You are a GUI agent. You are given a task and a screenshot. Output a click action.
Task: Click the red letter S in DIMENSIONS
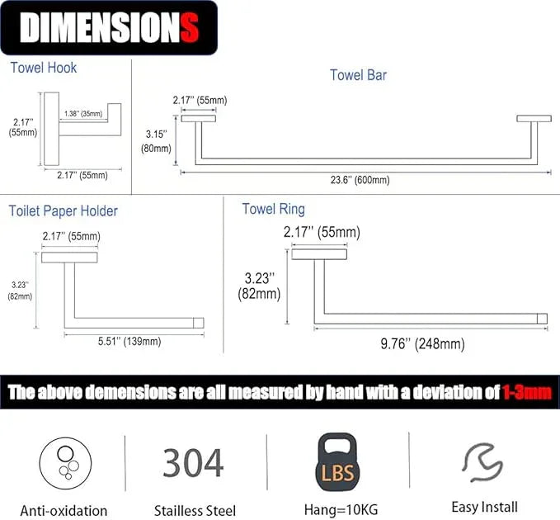[190, 27]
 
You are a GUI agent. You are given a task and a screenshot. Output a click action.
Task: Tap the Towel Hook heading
[43, 68]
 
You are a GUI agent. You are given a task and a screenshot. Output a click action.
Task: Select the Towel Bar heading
[358, 75]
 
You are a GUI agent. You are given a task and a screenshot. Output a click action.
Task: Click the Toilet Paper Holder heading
[63, 210]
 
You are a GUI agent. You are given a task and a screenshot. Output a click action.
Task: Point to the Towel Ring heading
[273, 209]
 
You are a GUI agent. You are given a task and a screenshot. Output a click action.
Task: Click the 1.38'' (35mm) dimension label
[83, 114]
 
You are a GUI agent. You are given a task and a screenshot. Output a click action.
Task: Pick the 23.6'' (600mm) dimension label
[360, 180]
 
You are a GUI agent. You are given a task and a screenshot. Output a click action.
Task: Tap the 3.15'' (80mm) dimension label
[156, 141]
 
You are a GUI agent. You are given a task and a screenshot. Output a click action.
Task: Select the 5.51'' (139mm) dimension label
[129, 342]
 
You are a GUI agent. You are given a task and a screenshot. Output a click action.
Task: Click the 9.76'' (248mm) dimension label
[422, 344]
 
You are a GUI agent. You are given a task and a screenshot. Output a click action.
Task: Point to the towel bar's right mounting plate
[534, 118]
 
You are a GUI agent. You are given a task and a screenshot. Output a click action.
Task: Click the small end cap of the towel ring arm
[542, 319]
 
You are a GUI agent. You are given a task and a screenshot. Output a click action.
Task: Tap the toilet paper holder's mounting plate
[69, 258]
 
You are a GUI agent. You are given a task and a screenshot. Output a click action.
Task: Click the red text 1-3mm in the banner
[527, 392]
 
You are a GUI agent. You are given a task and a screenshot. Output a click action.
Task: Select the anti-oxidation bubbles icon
[65, 463]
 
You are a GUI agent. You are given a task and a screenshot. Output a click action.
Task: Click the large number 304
[193, 463]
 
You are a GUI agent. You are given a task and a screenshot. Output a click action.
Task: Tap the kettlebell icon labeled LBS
[337, 462]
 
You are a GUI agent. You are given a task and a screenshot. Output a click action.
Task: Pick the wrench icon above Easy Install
[482, 462]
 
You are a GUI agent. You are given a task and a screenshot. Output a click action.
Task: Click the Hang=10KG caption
[341, 509]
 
